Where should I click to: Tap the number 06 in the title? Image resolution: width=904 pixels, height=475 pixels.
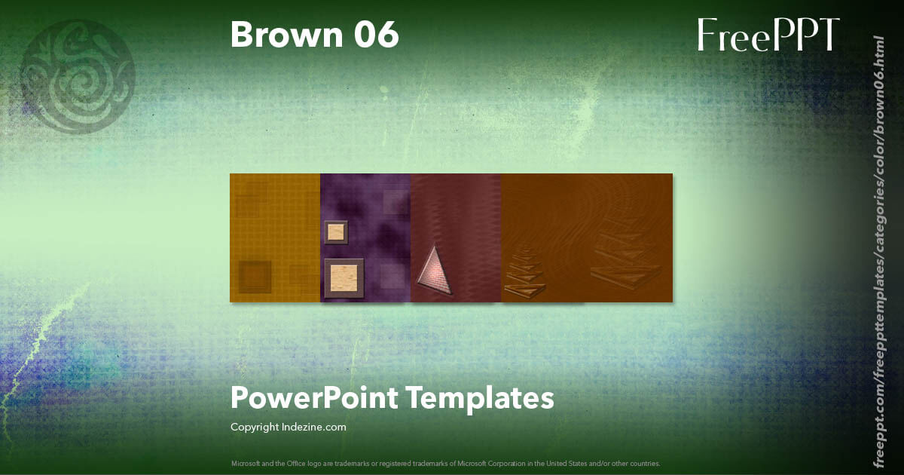click(x=374, y=35)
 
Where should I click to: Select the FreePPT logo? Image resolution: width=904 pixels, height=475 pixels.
click(x=768, y=35)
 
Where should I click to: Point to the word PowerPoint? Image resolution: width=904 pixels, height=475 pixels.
click(x=313, y=398)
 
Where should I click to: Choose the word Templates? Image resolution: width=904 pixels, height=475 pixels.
click(x=481, y=397)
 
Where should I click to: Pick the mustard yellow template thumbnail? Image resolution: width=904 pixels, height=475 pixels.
click(x=275, y=238)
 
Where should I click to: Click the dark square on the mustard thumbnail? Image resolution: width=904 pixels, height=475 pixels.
click(x=255, y=277)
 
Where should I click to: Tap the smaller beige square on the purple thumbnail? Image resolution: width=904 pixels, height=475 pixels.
click(x=336, y=232)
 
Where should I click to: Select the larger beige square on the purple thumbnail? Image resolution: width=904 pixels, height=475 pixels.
click(x=344, y=278)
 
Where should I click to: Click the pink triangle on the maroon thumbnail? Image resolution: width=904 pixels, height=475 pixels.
click(x=435, y=271)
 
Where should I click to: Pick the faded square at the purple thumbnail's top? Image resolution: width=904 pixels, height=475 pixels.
click(x=395, y=202)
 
